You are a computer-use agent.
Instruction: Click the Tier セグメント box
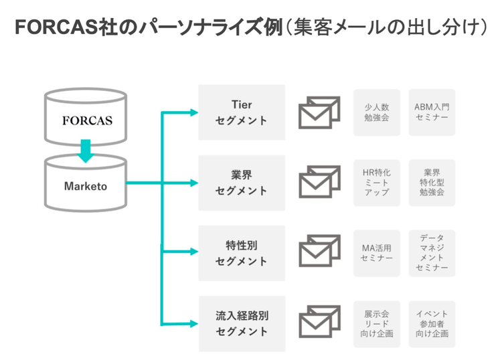[242, 112]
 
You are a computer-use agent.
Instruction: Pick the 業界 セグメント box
[242, 183]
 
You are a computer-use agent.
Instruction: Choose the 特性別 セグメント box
[242, 253]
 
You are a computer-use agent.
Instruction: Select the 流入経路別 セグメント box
[242, 323]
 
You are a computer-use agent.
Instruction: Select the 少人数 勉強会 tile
[377, 112]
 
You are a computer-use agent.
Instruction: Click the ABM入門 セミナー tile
[432, 112]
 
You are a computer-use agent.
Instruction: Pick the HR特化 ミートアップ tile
[377, 183]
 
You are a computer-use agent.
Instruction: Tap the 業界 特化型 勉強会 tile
[432, 183]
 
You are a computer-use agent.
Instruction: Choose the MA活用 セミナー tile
[377, 253]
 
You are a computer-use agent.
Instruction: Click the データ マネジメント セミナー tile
[432, 253]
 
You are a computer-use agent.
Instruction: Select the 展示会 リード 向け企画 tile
[377, 323]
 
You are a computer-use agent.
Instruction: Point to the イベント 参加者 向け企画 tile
[432, 323]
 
